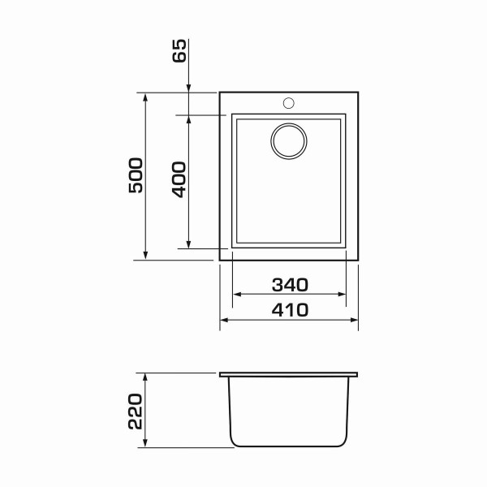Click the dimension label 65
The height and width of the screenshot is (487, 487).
[x=179, y=50]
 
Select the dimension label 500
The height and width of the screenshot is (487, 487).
[x=136, y=175]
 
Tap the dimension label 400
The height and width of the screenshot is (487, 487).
[x=179, y=179]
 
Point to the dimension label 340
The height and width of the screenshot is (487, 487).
[x=290, y=285]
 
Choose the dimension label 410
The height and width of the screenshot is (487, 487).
[x=290, y=310]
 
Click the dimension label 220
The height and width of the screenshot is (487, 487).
[x=135, y=412]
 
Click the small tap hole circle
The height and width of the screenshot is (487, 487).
[x=288, y=103]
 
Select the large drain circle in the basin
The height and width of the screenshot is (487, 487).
[x=289, y=141]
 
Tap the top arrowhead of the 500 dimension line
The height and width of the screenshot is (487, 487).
[x=145, y=97]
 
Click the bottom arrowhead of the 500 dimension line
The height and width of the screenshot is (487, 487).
[x=145, y=255]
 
